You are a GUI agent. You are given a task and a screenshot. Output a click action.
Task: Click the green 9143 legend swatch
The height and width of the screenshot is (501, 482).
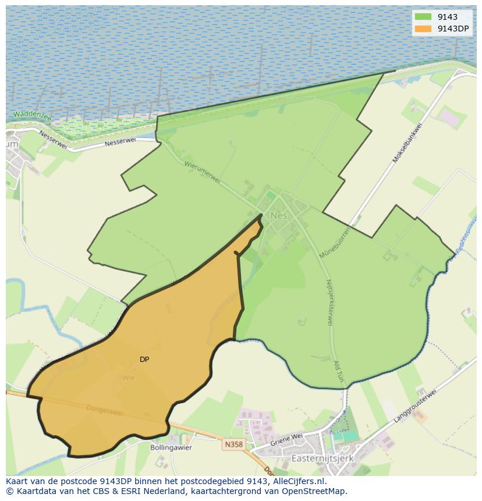[x=423, y=17]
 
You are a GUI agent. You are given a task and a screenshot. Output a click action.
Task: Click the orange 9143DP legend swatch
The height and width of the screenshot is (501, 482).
[x=423, y=29]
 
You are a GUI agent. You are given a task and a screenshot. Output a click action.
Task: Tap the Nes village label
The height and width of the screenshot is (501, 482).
[x=279, y=216]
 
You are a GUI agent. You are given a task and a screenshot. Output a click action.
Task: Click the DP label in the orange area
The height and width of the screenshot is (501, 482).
[x=144, y=360]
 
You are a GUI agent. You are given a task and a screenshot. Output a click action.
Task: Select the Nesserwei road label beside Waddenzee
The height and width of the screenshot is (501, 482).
[x=54, y=139]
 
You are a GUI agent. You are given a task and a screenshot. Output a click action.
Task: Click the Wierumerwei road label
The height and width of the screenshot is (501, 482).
[x=202, y=172]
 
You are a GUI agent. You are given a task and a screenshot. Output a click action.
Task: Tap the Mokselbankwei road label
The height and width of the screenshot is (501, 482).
[x=406, y=143]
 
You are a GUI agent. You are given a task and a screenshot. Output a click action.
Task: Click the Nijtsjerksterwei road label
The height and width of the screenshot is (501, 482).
[x=329, y=301]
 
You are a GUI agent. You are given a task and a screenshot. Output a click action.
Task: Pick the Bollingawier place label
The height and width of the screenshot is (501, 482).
[x=171, y=448]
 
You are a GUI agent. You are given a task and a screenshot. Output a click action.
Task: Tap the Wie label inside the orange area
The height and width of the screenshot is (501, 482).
[x=128, y=378]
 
